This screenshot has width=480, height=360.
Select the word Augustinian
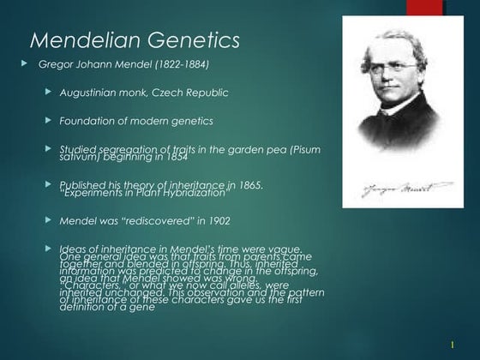91,93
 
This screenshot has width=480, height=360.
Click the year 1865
246,184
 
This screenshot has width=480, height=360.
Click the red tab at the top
425,8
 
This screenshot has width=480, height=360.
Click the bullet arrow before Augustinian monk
50,92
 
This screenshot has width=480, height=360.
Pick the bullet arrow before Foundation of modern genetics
50,120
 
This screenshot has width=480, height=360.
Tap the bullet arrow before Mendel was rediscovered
50,219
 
